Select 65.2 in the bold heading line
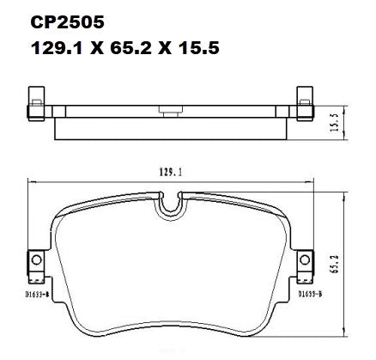coord(130,48)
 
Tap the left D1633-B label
coord(38,294)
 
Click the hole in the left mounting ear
coord(36,261)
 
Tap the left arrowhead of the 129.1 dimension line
coord(31,180)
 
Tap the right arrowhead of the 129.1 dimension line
coord(313,180)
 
